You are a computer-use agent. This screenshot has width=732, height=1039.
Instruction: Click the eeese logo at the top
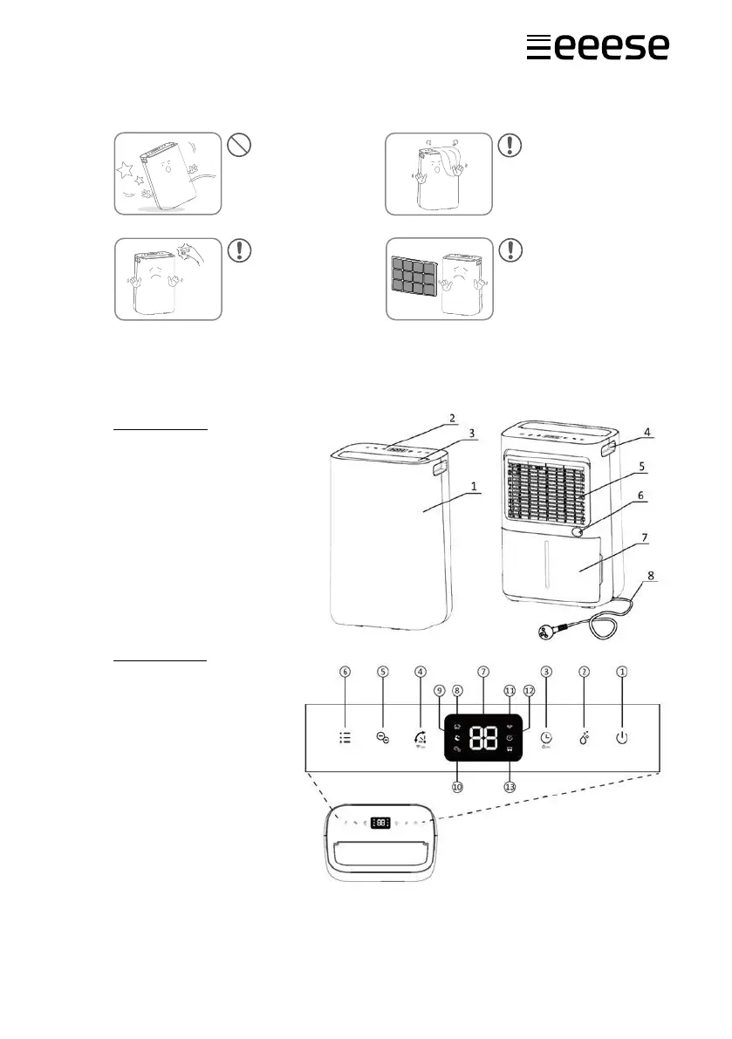click(x=598, y=46)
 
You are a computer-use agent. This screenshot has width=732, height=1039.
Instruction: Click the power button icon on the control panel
click(x=621, y=737)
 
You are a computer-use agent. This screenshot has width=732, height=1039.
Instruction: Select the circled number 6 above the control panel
click(x=345, y=672)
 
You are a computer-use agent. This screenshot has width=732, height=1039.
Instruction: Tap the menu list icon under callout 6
click(x=345, y=737)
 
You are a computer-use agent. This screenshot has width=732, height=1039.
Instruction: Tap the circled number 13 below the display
click(x=510, y=786)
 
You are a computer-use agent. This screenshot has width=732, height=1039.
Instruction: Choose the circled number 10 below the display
click(x=457, y=786)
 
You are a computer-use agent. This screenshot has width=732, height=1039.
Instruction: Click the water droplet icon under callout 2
click(x=583, y=738)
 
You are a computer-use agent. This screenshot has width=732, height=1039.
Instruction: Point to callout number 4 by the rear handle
click(x=647, y=432)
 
